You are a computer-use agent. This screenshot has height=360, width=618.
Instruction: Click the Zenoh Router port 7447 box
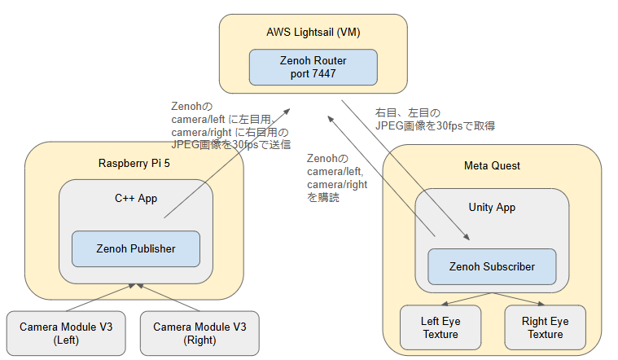(x=313, y=67)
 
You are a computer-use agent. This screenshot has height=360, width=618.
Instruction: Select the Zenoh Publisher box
(x=136, y=248)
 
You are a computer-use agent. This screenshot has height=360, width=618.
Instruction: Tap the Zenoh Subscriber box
(x=492, y=266)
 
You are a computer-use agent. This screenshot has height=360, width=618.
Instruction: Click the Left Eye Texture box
(x=440, y=327)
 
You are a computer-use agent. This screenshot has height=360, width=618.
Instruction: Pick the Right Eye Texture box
(x=545, y=327)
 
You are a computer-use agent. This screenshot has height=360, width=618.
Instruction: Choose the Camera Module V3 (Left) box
(x=66, y=333)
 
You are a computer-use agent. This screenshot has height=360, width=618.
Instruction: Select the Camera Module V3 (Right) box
(x=199, y=333)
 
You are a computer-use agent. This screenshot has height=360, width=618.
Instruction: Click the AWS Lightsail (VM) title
(x=313, y=33)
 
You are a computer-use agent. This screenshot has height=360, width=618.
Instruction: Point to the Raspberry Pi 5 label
(x=134, y=163)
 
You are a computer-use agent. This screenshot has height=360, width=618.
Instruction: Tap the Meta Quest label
(x=492, y=165)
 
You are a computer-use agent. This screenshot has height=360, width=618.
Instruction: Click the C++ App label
(x=136, y=199)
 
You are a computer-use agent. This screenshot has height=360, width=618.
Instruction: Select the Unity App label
(x=492, y=208)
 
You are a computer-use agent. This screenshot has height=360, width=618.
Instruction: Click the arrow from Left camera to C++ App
(x=100, y=298)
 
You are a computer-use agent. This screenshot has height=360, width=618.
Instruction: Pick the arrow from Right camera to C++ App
(x=168, y=298)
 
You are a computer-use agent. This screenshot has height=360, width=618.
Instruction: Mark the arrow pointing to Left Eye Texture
(x=467, y=298)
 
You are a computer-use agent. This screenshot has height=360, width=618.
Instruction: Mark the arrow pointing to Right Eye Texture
(x=519, y=298)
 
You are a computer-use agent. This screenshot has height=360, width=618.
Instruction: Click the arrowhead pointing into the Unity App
(x=467, y=237)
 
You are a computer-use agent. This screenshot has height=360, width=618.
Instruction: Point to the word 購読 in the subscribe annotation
(x=329, y=197)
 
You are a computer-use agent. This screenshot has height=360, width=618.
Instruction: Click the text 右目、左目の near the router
(x=408, y=113)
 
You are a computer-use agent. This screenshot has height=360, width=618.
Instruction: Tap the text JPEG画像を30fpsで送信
(x=231, y=145)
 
